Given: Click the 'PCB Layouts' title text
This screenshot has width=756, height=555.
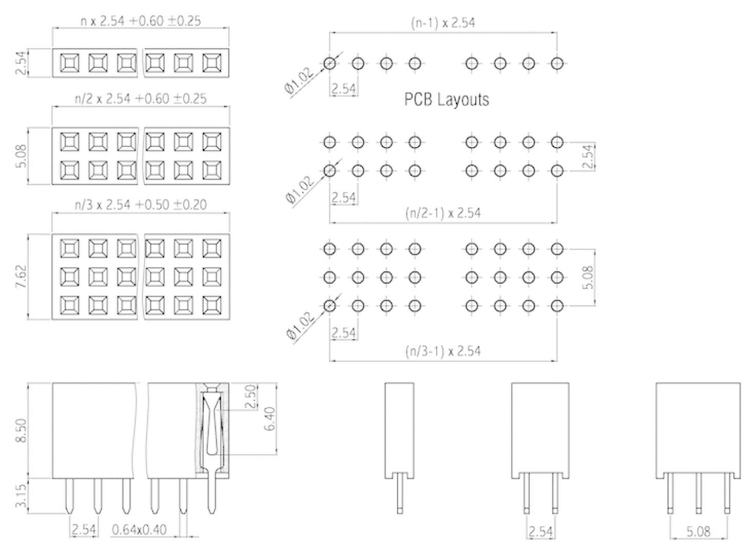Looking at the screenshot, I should (446, 99).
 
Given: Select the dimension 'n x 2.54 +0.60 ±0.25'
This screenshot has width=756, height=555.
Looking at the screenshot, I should (141, 21).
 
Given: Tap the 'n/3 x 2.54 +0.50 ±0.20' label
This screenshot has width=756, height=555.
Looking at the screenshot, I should (141, 205).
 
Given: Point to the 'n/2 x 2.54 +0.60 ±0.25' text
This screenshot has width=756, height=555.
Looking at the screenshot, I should (141, 98).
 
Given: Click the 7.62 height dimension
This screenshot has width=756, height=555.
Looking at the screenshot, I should (22, 276).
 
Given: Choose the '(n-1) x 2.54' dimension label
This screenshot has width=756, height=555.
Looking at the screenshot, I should (443, 23).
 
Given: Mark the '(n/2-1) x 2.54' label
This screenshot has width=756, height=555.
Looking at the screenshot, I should (443, 213).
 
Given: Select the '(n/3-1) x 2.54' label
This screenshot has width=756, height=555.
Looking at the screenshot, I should (443, 351).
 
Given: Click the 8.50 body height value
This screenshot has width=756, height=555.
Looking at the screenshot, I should (22, 431).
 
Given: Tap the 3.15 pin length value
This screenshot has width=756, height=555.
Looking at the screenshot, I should (22, 497).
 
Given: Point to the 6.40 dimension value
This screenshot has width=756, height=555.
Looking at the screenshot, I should (270, 419).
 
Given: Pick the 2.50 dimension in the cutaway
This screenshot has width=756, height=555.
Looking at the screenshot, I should (251, 397).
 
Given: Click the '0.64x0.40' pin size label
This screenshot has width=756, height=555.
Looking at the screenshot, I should (139, 529).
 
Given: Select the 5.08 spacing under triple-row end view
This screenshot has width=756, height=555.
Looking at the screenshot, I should (698, 531).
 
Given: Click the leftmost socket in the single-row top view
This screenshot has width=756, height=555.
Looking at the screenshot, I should (69, 63).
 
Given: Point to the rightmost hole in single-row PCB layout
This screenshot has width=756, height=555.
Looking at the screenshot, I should (557, 63).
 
